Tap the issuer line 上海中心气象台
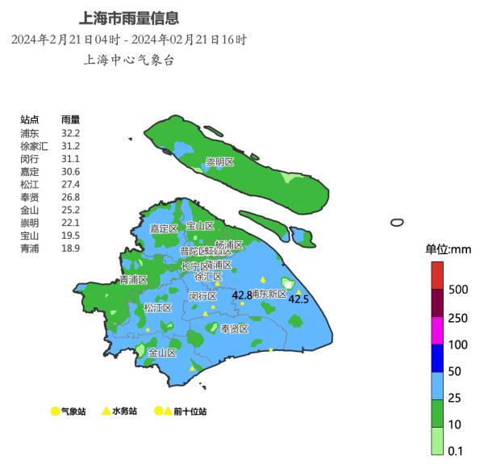129,60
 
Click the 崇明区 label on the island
219,162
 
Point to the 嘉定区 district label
164,228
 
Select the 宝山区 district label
200,226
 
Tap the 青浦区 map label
133,280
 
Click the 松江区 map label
157,307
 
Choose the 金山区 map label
162,352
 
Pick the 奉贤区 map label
235,328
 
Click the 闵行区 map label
202,296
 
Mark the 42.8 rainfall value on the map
242,295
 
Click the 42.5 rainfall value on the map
298,299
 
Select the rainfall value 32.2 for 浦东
70,132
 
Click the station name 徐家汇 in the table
35,145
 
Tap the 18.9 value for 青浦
70,249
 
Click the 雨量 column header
70,119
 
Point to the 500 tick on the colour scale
458,289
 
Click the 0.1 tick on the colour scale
456,451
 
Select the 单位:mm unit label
448,249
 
